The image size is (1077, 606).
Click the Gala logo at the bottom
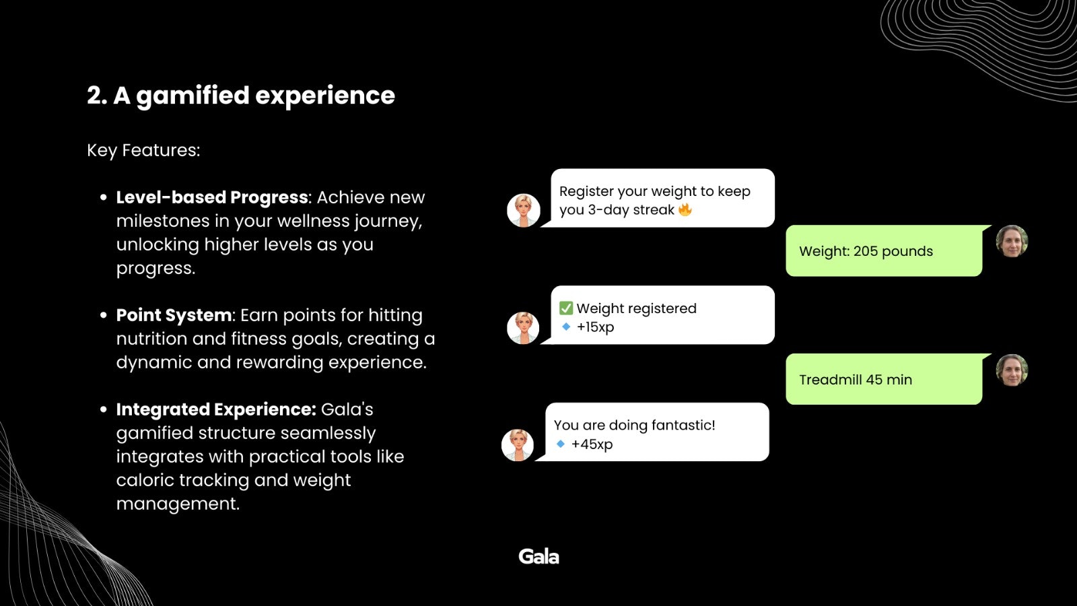point(538,556)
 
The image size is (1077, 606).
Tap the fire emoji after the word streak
point(685,209)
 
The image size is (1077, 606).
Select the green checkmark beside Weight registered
point(566,308)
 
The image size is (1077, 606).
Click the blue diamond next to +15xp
point(566,327)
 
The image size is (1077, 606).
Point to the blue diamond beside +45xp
point(560,444)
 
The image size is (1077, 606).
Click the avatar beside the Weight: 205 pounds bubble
point(1012,242)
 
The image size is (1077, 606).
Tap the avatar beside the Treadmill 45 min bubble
point(1012,370)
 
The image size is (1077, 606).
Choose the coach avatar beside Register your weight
point(524,210)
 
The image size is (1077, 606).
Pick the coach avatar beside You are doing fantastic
point(518,445)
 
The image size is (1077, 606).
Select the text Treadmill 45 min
point(856,380)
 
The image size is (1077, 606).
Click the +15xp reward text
point(595,327)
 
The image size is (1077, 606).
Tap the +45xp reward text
point(592,444)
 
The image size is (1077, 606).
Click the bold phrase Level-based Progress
point(212,197)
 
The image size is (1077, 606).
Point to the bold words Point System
point(174,315)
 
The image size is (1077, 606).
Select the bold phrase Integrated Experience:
point(216,409)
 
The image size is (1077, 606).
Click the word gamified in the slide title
point(193,96)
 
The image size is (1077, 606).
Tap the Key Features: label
point(143,151)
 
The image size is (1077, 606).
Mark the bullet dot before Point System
point(103,315)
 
